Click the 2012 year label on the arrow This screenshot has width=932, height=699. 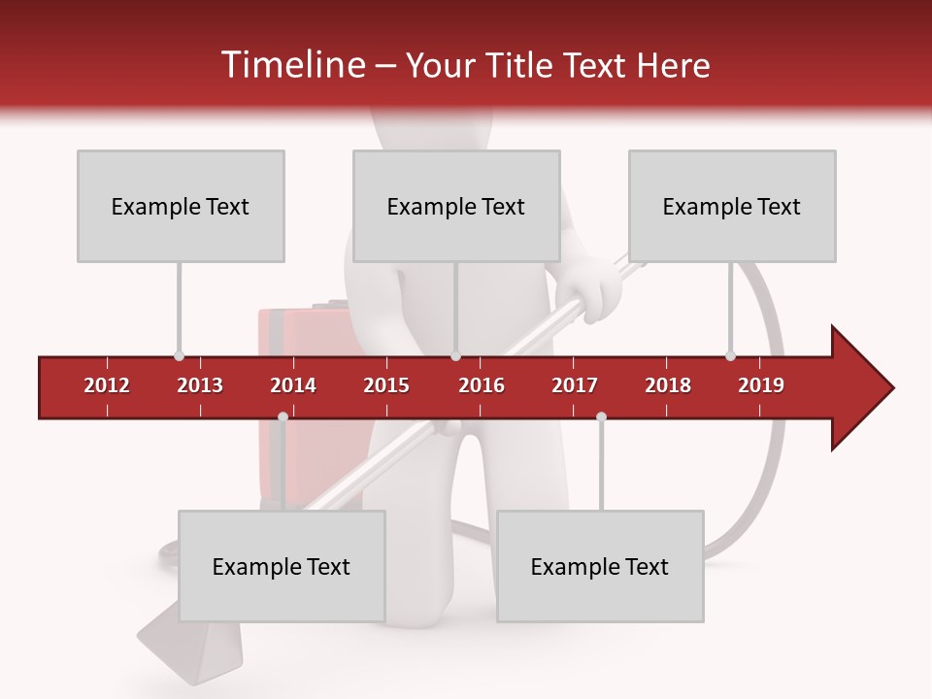[x=107, y=385]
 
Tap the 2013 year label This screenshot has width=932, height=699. [x=200, y=385]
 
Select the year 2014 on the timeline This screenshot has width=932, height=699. [x=293, y=385]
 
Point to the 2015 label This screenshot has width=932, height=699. [x=386, y=385]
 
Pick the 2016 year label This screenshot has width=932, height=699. [x=482, y=385]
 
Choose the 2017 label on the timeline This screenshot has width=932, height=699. [x=575, y=385]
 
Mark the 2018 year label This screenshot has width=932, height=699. [x=668, y=385]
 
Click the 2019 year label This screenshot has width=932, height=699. [x=761, y=385]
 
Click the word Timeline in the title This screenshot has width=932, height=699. [x=291, y=65]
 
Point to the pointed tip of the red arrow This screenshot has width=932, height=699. [x=891, y=388]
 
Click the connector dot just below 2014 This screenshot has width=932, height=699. [x=283, y=416]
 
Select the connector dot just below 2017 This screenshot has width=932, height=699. [x=601, y=416]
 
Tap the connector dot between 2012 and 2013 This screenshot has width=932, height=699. [x=179, y=356]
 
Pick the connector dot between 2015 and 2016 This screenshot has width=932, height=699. [x=455, y=356]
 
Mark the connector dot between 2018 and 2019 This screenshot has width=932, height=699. [x=730, y=356]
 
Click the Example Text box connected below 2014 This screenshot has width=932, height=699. [x=282, y=566]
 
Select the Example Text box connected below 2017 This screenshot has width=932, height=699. [x=600, y=566]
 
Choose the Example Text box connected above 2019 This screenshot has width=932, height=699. [x=732, y=206]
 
